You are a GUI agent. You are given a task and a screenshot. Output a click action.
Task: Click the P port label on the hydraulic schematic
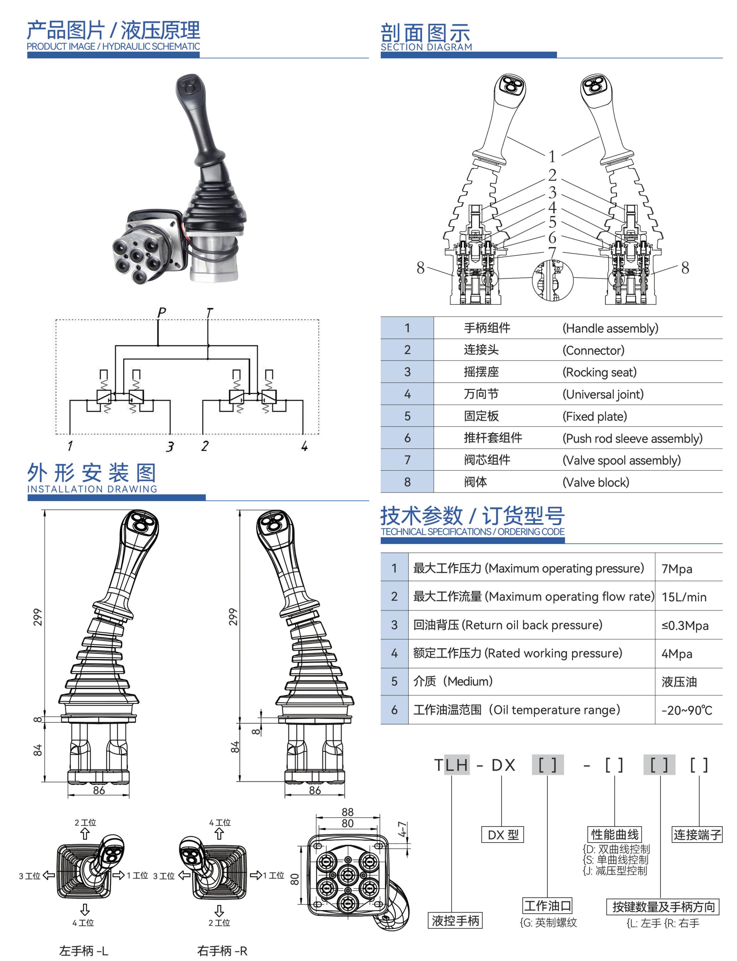[x=161, y=312]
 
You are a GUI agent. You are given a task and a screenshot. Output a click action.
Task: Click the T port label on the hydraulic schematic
[x=209, y=312]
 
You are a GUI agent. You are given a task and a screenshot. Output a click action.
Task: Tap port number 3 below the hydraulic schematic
[x=170, y=447]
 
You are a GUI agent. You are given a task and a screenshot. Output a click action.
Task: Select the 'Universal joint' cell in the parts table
[x=603, y=394]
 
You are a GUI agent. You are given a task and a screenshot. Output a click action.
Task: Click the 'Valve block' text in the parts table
[x=595, y=482]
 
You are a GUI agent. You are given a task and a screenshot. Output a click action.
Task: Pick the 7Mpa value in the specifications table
[x=676, y=569]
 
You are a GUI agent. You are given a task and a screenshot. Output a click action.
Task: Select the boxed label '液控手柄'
[x=455, y=921]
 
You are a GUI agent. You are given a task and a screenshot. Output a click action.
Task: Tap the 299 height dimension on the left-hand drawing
[x=38, y=617]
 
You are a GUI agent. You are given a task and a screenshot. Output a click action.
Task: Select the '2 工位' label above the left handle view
[x=85, y=822]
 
